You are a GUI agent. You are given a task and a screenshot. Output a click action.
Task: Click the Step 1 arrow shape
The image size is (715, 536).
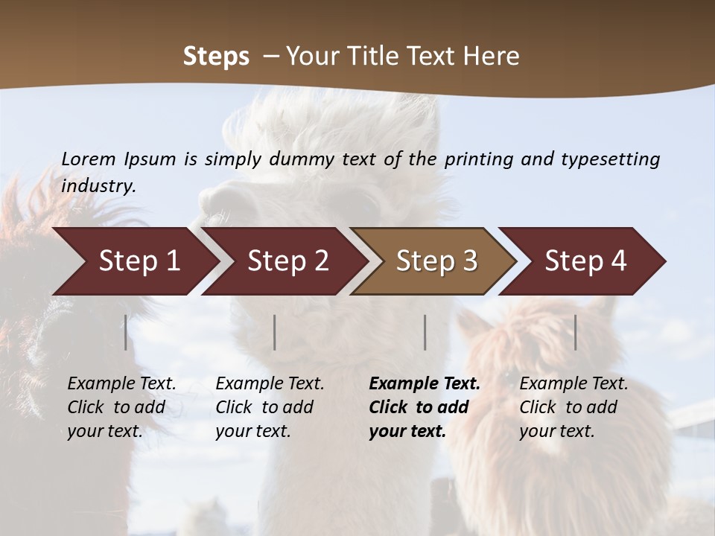(x=139, y=261)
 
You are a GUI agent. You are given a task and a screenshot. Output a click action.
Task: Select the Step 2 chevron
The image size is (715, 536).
(x=287, y=261)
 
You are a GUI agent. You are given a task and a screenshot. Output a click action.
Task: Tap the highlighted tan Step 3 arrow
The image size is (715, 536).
(x=436, y=261)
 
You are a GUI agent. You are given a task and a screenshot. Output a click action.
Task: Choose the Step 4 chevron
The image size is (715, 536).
(x=585, y=261)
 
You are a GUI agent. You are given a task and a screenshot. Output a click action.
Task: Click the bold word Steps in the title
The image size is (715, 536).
(x=216, y=56)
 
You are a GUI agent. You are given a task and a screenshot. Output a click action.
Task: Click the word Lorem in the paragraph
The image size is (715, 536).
(x=89, y=159)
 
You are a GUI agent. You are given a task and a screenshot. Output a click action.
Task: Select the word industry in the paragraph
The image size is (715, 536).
(x=98, y=185)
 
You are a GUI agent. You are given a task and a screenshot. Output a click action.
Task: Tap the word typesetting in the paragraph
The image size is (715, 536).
(x=610, y=159)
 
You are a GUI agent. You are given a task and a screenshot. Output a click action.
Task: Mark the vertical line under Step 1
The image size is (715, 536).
(x=126, y=332)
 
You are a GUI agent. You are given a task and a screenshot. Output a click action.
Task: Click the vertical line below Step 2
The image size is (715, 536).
(x=275, y=332)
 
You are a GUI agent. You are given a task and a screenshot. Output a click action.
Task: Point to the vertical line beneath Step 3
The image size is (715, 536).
(x=425, y=332)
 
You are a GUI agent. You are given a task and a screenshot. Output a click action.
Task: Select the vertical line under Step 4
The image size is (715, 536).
(x=576, y=332)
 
